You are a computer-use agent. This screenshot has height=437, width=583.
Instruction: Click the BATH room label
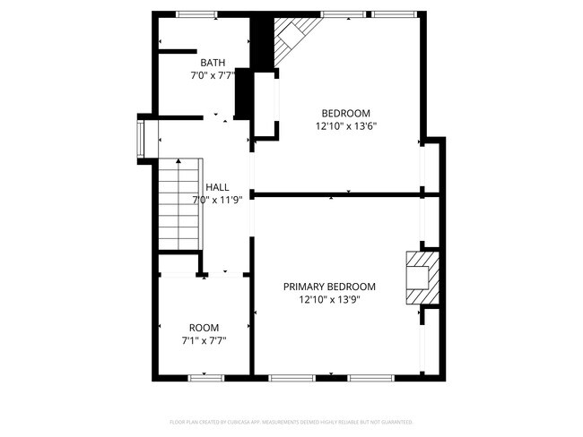[x=213, y=63]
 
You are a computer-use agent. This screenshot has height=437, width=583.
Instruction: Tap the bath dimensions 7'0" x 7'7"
[x=213, y=76]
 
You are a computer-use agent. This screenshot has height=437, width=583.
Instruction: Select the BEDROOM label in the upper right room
[x=346, y=113]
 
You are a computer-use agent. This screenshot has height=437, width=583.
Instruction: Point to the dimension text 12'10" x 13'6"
[x=346, y=126]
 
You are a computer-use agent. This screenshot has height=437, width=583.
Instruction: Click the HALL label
[x=217, y=187]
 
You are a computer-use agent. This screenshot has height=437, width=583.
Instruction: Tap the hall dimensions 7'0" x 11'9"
[x=217, y=200]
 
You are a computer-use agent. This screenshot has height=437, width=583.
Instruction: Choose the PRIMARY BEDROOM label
[x=329, y=287]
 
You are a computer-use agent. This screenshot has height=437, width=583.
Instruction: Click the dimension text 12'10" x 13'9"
[x=329, y=300]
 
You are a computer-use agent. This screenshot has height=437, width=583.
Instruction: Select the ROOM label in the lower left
[x=203, y=328]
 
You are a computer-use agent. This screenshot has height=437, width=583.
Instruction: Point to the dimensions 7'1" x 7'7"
[x=203, y=340]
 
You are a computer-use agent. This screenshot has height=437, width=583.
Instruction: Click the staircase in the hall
[x=178, y=204]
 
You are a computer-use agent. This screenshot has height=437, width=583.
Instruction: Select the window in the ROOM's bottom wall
[x=204, y=378]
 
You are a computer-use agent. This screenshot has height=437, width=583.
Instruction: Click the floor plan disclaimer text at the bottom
[x=291, y=421]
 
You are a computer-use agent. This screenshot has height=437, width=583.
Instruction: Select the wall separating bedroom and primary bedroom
[x=341, y=193]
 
